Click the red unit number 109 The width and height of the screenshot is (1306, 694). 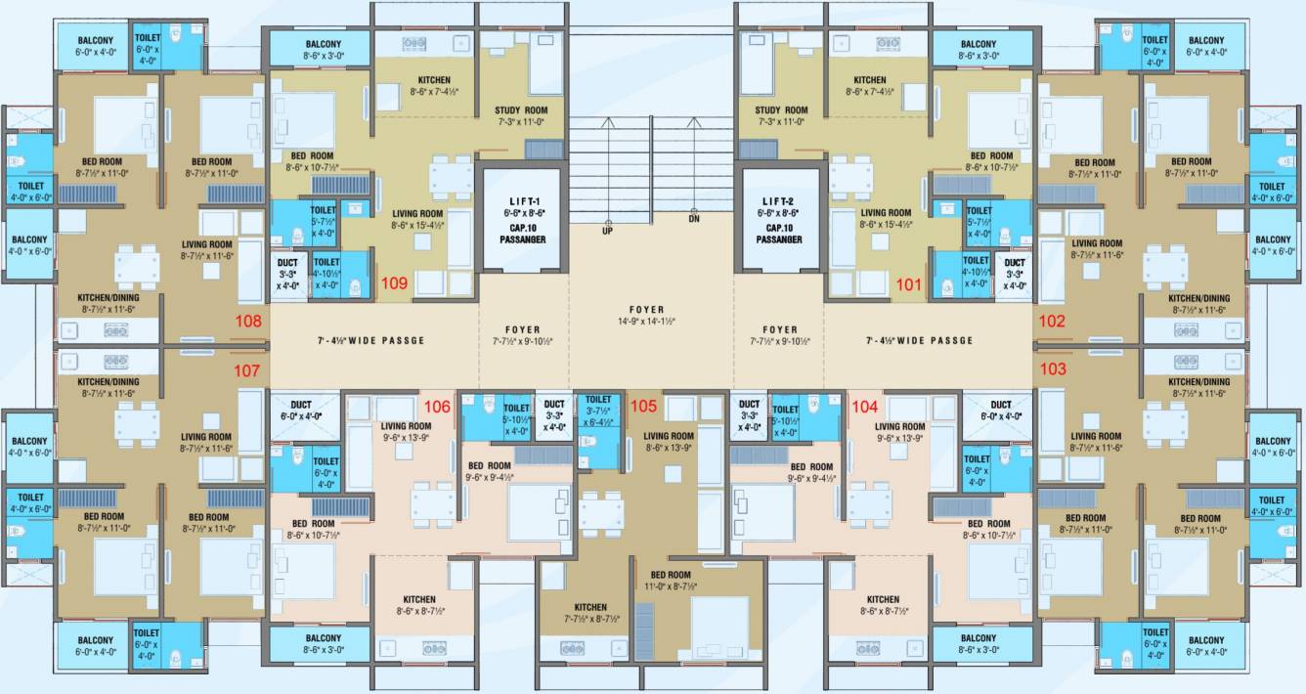click(x=395, y=284)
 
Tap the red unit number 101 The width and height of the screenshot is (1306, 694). click(x=909, y=284)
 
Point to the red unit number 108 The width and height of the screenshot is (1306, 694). click(x=249, y=320)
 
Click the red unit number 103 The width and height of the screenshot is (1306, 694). click(x=1054, y=369)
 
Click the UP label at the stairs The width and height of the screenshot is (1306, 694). click(x=607, y=232)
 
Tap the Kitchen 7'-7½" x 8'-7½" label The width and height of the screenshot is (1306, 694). click(x=590, y=613)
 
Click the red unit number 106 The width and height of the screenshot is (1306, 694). click(x=436, y=406)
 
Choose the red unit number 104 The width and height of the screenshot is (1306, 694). click(x=866, y=406)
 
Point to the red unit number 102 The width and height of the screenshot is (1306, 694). click(x=1053, y=320)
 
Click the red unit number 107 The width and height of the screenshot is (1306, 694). click(x=246, y=370)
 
